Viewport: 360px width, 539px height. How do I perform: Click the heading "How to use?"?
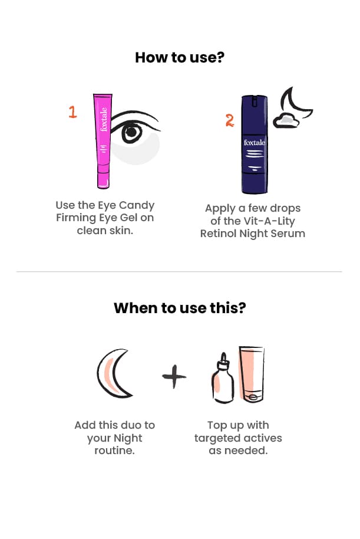coord(180,57)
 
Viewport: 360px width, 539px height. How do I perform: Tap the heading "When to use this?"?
coord(180,308)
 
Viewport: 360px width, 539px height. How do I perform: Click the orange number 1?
coord(72,112)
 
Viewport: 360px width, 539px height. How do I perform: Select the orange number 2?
coord(229,120)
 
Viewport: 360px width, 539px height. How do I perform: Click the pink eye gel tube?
coord(103,141)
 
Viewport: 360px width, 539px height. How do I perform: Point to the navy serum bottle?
coord(254,144)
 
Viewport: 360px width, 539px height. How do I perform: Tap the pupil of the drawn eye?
coord(131,132)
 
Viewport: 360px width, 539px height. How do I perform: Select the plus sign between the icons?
coord(174,376)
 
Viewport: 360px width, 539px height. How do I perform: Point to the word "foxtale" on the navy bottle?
coord(254,142)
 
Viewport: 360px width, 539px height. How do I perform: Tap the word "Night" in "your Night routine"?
coord(128,438)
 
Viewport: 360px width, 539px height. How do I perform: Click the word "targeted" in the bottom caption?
coord(216,438)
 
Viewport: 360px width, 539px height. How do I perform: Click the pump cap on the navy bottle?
coord(255,101)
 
